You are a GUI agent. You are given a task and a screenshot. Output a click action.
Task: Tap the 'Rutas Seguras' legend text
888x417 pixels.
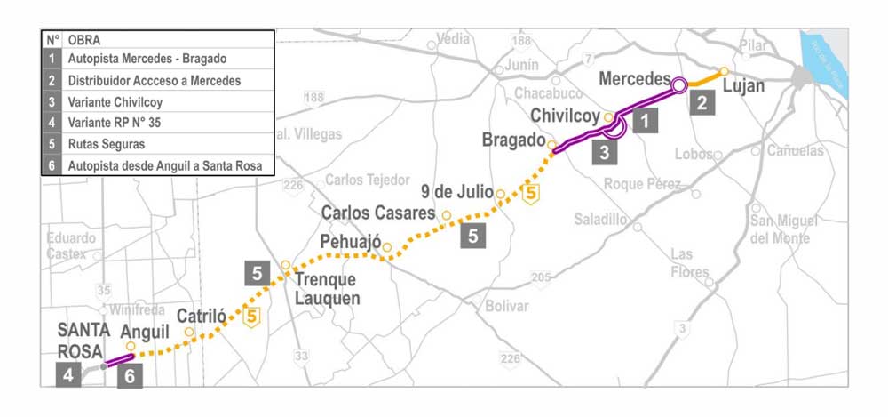click(x=106, y=143)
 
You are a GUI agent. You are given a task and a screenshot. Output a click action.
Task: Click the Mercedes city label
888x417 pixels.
click(x=633, y=78)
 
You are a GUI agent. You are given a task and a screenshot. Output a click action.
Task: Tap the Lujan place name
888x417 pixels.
click(x=743, y=87)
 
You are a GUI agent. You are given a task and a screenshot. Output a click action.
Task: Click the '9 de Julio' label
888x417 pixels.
click(x=456, y=189)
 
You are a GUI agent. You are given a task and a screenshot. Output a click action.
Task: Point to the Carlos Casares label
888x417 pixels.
click(x=378, y=213)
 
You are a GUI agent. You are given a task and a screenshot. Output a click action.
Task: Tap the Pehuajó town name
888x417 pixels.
click(x=350, y=242)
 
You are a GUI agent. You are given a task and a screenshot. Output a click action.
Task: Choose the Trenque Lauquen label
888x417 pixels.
click(x=327, y=289)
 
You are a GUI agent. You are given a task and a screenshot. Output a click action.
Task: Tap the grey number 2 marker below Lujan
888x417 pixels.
click(x=702, y=101)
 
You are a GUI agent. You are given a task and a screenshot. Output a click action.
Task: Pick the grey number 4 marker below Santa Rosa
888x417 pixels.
click(x=67, y=376)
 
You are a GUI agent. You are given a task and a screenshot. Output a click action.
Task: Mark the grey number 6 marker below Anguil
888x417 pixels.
click(x=130, y=376)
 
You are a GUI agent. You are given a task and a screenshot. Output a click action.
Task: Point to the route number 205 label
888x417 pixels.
click(x=540, y=278)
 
